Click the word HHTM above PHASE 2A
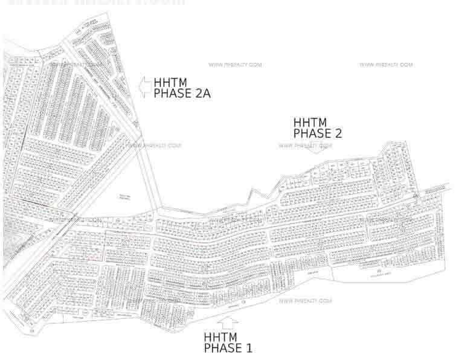[x=170, y=82]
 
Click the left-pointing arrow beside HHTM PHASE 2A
[x=145, y=88]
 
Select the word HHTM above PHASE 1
[x=221, y=337]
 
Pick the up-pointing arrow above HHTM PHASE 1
[x=228, y=322]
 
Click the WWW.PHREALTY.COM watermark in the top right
[x=386, y=65]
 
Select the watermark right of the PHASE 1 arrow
[x=306, y=300]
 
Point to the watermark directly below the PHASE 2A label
[x=155, y=145]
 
